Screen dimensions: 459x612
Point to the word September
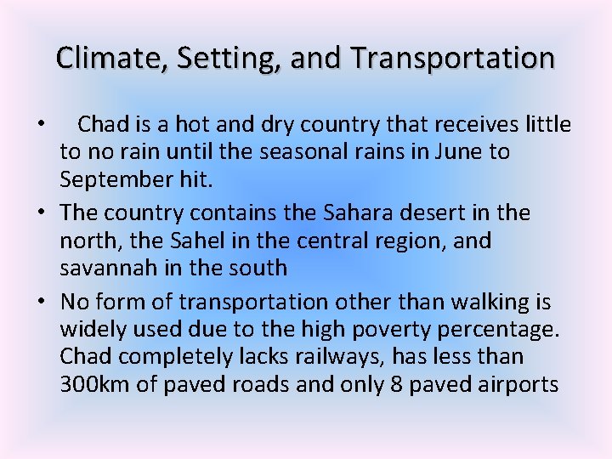click(x=116, y=181)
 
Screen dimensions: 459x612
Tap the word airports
click(x=521, y=385)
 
